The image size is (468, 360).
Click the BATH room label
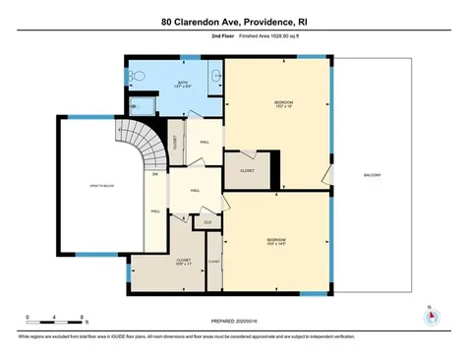pos(183,85)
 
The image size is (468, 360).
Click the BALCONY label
pos(372,175)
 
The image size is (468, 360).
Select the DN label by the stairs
pos(154,175)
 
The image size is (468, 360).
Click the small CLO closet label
pos(207,222)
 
